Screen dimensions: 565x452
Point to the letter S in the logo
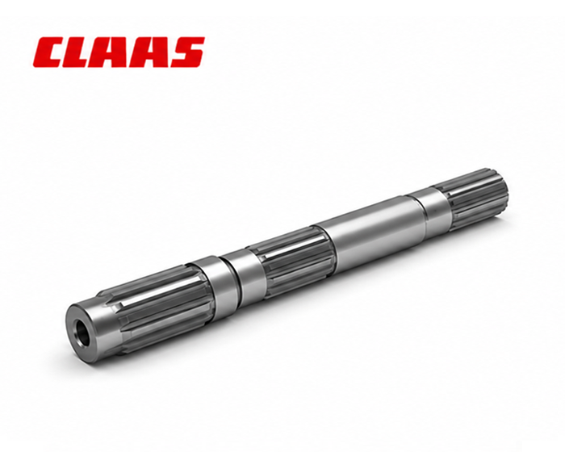[186, 52]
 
